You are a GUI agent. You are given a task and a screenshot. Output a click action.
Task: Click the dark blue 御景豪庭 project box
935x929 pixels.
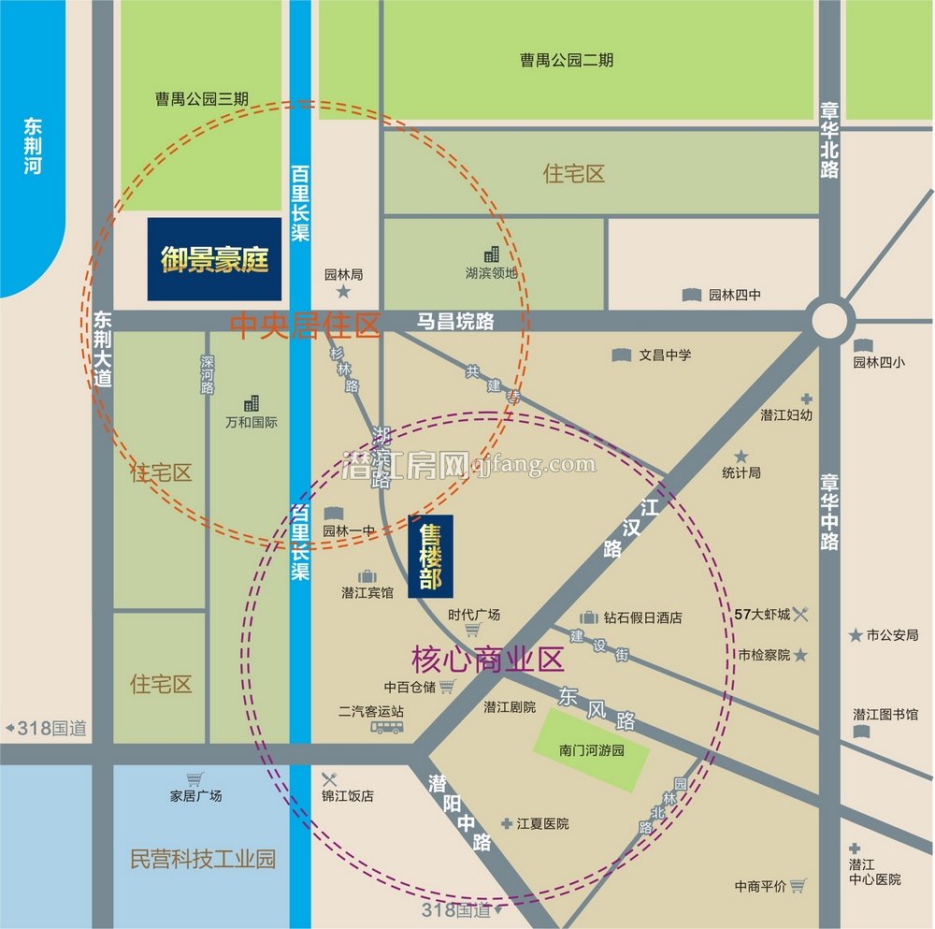tap(214, 259)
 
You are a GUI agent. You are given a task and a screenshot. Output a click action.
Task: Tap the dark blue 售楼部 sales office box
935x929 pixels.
tap(430, 557)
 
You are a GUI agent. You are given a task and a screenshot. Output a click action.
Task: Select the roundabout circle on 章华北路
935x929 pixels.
tap(829, 320)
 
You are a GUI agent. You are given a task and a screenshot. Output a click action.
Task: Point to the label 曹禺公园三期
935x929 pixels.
tap(203, 98)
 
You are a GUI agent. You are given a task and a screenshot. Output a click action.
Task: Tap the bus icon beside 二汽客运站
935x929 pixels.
tap(385, 727)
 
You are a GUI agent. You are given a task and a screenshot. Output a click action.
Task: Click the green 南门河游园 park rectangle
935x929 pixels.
tap(591, 749)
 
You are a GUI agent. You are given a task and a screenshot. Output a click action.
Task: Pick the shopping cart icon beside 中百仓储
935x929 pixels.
tap(447, 687)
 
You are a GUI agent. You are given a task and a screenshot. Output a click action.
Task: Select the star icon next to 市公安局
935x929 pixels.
tap(855, 635)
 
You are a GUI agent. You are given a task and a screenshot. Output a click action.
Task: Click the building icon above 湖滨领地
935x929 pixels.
tap(492, 254)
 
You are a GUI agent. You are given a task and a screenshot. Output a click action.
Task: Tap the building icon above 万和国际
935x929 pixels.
tap(252, 403)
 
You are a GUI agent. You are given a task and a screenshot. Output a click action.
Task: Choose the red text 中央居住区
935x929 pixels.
tap(305, 327)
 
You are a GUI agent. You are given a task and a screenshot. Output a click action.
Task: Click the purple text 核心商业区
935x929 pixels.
tap(487, 660)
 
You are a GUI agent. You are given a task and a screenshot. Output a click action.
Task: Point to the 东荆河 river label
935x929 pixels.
tap(34, 146)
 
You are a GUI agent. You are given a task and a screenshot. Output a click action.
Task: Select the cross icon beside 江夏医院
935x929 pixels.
tap(507, 823)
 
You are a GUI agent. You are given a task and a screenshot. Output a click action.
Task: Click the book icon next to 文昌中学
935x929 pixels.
tap(621, 356)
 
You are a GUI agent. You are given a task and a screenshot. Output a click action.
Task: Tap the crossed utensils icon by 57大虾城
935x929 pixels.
tap(800, 615)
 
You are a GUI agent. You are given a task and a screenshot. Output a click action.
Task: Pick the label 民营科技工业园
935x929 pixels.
tap(203, 859)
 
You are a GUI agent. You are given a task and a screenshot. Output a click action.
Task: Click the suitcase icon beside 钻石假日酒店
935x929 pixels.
tap(589, 617)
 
